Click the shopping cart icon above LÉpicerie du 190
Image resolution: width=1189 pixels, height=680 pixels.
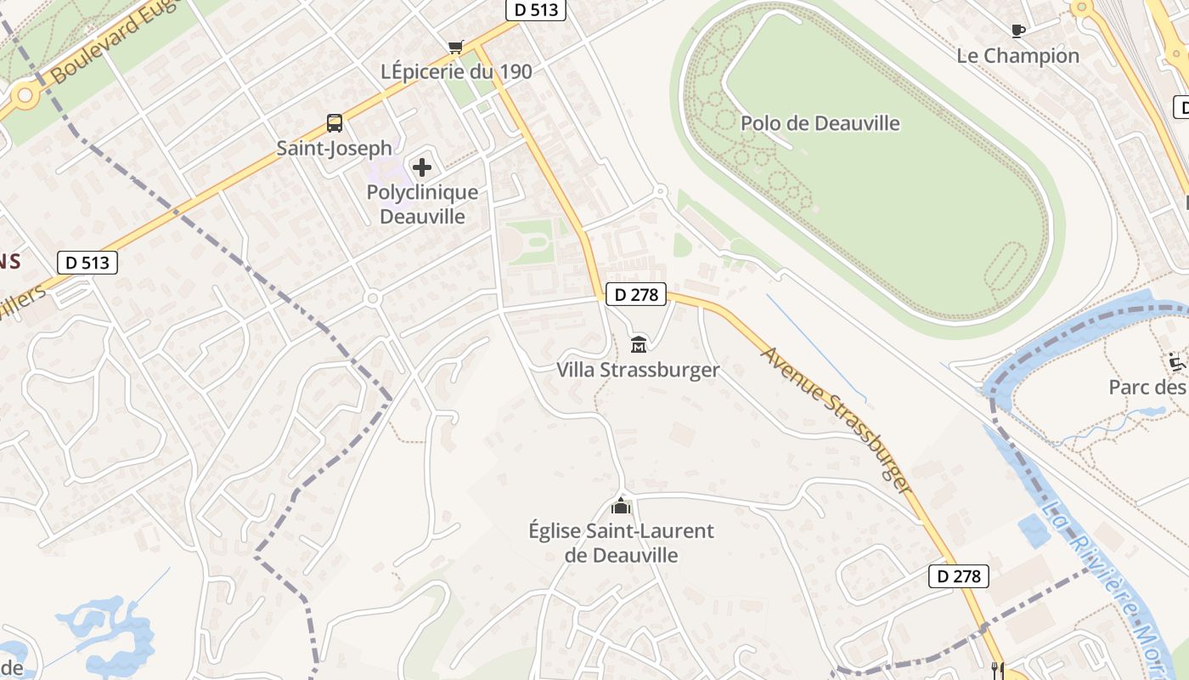pyautogui.click(x=456, y=46)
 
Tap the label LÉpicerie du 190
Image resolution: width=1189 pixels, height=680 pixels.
pyautogui.click(x=457, y=72)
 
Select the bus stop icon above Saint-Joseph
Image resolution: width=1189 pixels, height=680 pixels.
pyautogui.click(x=335, y=123)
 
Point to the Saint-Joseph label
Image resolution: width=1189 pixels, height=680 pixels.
pyautogui.click(x=334, y=148)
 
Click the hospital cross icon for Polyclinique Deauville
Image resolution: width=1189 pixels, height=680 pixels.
pyautogui.click(x=421, y=167)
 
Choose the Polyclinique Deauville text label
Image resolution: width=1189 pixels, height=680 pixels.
pyautogui.click(x=422, y=204)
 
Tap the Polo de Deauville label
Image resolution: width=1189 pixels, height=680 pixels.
pyautogui.click(x=820, y=123)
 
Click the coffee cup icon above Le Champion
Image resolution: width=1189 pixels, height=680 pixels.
pyautogui.click(x=1017, y=31)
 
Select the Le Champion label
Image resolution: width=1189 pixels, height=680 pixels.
pyautogui.click(x=1017, y=56)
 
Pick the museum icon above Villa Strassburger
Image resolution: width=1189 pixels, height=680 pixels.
pyautogui.click(x=639, y=344)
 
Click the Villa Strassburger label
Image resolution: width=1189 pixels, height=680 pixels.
pyautogui.click(x=638, y=370)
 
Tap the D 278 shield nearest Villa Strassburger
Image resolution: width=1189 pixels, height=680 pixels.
pyautogui.click(x=636, y=295)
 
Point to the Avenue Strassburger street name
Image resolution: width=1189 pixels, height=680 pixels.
pyautogui.click(x=837, y=419)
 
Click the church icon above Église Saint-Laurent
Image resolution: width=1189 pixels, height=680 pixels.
pyautogui.click(x=621, y=507)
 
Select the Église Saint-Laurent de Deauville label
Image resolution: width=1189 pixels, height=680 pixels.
pyautogui.click(x=622, y=543)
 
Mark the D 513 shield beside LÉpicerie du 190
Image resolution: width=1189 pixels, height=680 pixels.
pyautogui.click(x=536, y=9)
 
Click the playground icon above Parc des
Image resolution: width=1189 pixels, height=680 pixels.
pyautogui.click(x=1176, y=362)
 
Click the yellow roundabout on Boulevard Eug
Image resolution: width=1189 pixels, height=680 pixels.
pyautogui.click(x=25, y=94)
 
